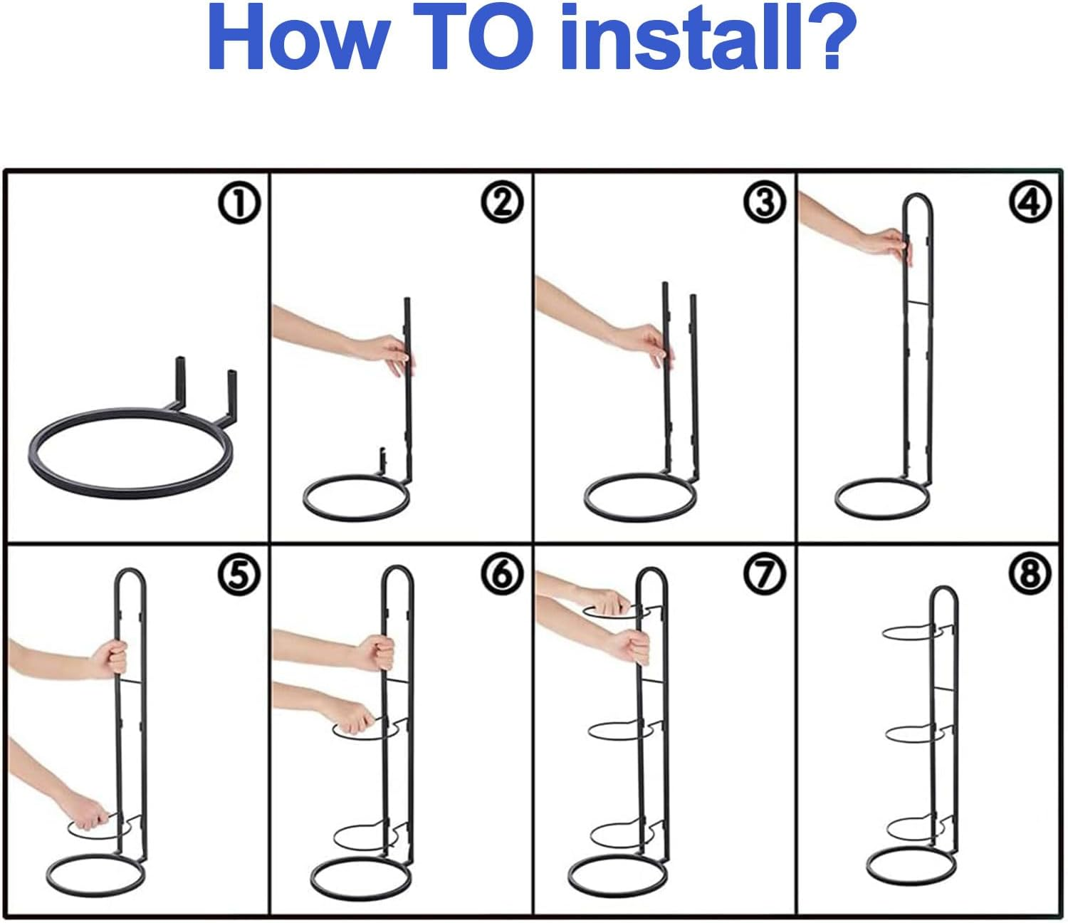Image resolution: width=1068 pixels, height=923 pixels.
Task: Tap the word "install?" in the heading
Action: (x=707, y=38)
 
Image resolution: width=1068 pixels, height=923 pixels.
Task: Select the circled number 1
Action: (x=239, y=204)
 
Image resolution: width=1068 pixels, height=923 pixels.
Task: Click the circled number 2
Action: (x=502, y=204)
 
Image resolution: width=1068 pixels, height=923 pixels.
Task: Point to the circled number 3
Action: (x=765, y=204)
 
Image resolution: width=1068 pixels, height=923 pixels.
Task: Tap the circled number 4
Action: (x=1030, y=204)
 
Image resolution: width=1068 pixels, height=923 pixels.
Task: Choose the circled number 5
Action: (x=239, y=574)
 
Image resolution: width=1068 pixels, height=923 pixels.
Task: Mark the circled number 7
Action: (x=765, y=574)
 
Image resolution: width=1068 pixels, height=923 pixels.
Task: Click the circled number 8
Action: (x=1030, y=574)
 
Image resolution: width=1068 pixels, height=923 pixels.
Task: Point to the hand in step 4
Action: (x=893, y=248)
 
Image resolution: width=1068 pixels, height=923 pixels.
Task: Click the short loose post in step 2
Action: (x=382, y=459)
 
